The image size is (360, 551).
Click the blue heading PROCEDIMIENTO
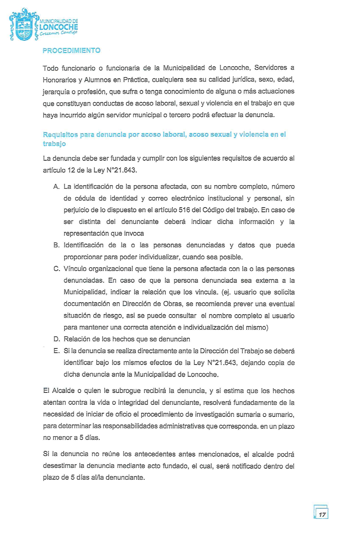(71, 50)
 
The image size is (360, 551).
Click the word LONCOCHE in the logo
(59, 27)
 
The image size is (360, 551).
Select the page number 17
(322, 515)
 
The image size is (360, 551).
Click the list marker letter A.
(56, 187)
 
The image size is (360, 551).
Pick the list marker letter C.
(56, 269)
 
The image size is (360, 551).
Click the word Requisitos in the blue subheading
(60, 135)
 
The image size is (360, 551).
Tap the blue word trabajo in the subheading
(54, 144)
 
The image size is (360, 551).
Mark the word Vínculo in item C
(75, 269)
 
